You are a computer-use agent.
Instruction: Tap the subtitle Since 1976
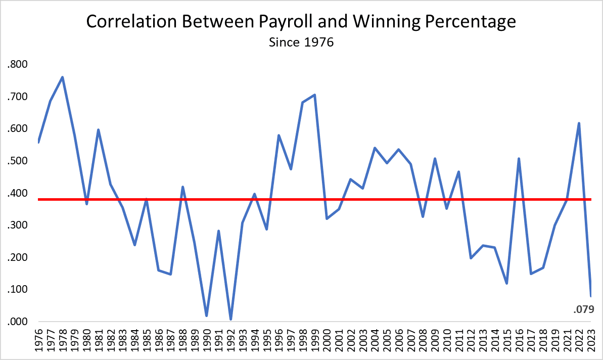[x=301, y=42]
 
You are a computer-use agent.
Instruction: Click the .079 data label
[x=588, y=309]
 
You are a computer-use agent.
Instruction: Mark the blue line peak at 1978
[x=62, y=77]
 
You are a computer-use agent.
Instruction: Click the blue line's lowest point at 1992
[x=230, y=319]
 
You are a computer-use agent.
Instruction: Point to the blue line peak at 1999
[x=314, y=95]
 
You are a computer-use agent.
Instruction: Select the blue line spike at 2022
[x=579, y=123]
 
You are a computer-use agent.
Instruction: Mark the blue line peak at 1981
[x=98, y=130]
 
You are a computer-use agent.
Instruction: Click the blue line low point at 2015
[x=506, y=283]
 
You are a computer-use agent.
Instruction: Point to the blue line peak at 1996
[x=279, y=136]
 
